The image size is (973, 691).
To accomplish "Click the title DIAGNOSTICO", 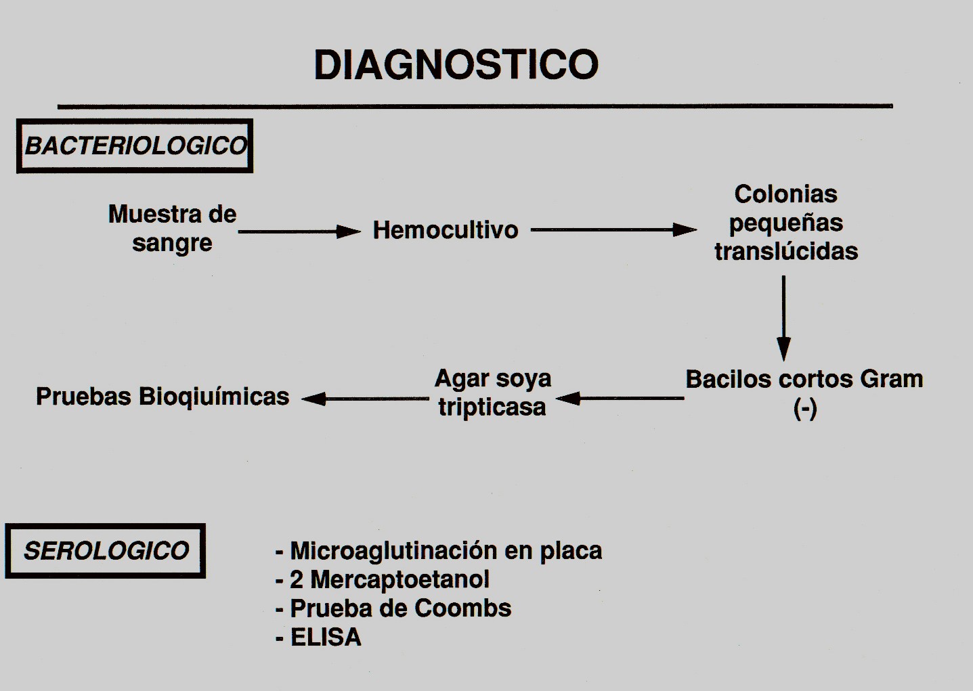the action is point(456,65).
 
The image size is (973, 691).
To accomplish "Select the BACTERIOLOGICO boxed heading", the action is point(135,146).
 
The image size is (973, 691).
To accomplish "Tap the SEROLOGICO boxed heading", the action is point(105,551).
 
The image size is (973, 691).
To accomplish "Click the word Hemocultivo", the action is point(446,230).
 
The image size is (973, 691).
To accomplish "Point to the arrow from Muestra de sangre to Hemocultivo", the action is point(299,231).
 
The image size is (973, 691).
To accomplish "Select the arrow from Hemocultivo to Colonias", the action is point(613,229).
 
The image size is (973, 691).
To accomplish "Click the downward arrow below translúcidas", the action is point(783,318).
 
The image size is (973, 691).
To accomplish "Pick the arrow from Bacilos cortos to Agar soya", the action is point(620,398).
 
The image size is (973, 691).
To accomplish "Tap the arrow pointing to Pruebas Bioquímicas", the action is point(366,399).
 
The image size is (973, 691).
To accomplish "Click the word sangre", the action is point(172,244).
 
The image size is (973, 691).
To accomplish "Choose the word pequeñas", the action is point(786,224).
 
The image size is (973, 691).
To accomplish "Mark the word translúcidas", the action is point(786,251).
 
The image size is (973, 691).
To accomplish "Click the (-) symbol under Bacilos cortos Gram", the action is point(805,409).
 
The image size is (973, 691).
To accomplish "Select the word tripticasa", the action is point(492,407).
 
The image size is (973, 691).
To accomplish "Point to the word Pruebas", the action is point(83,397).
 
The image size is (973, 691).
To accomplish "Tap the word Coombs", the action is point(462,608).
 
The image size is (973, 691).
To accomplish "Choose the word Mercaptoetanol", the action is point(400,580).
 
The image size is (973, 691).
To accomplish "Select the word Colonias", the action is point(786,194).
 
